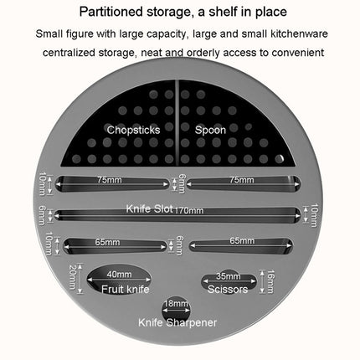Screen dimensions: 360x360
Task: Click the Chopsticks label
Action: pos(133,130)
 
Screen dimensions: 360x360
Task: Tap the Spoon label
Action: pos(210,130)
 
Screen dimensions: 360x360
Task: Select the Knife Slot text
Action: pos(150,208)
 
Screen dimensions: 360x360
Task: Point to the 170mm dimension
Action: pos(189,210)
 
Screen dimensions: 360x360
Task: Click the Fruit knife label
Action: pos(126,289)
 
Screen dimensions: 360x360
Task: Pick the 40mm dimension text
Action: pos(119,275)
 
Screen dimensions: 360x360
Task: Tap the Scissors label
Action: pos(228,289)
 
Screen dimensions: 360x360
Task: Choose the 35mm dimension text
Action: pos(229,276)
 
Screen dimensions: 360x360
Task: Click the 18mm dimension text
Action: pos(176,303)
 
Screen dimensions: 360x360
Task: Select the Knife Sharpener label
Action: pos(177,322)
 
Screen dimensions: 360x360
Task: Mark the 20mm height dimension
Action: pos(73,277)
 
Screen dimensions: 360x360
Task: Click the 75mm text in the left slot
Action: pos(110,180)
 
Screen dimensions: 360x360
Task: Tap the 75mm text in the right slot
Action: pos(242,180)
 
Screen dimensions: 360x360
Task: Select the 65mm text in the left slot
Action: pos(107,242)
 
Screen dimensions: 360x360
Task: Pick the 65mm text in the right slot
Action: pos(242,240)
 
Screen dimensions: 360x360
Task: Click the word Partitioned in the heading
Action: pos(111,12)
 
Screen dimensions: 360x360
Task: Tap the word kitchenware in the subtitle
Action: pos(299,33)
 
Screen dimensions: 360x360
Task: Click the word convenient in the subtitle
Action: pos(298,53)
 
